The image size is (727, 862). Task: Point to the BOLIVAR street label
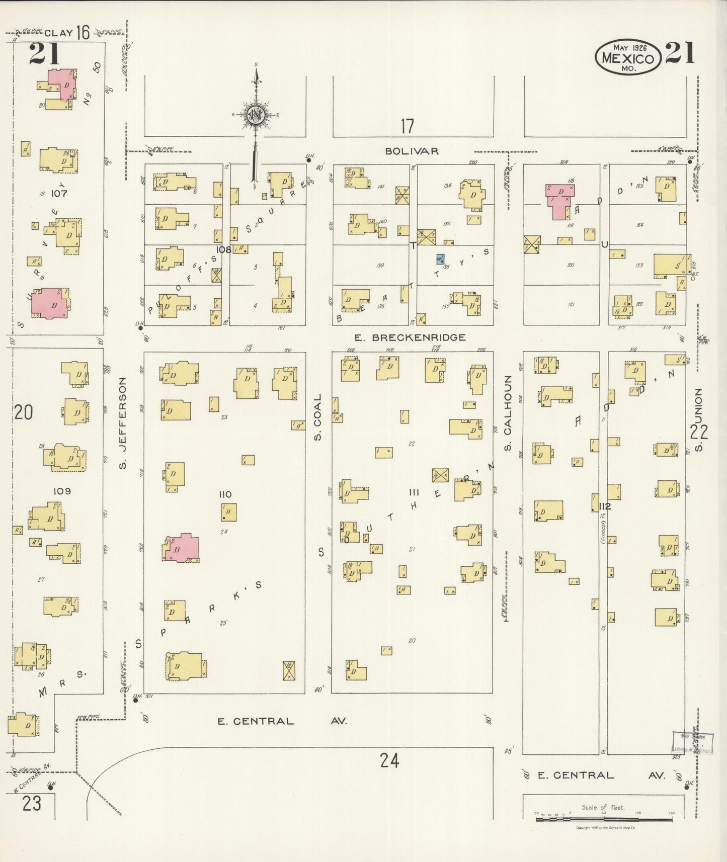click(x=412, y=151)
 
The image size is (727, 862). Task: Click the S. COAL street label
click(x=318, y=417)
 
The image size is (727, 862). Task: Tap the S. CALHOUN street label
click(x=508, y=412)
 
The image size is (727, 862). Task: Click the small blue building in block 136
click(x=441, y=259)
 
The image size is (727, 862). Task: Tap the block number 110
click(x=225, y=495)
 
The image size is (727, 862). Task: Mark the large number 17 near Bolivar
click(x=407, y=126)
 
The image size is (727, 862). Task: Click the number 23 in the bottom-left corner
click(x=31, y=804)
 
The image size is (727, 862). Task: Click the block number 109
click(x=62, y=491)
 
